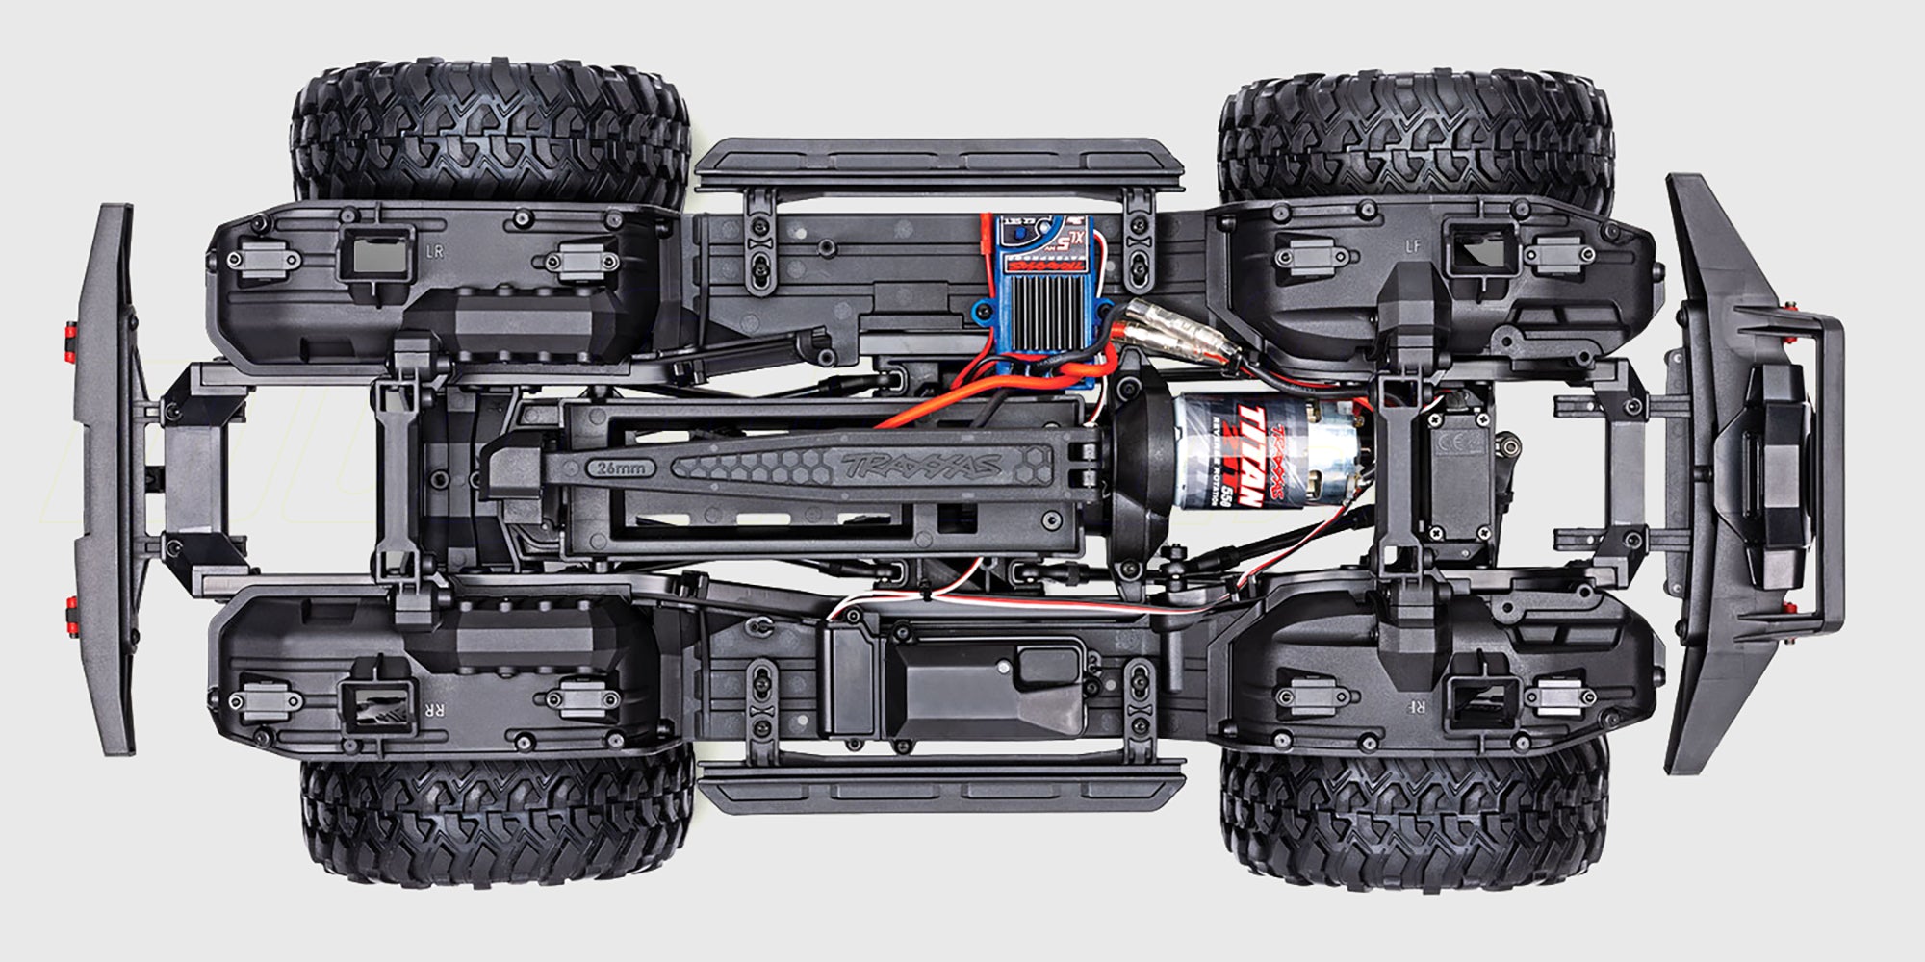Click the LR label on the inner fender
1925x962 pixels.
coord(434,252)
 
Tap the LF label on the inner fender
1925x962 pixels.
coord(1412,246)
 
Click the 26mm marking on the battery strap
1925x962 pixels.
coord(620,468)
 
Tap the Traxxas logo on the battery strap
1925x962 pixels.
coord(919,466)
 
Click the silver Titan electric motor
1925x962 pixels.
coord(1261,454)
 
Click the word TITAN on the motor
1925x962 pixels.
coord(1248,457)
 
